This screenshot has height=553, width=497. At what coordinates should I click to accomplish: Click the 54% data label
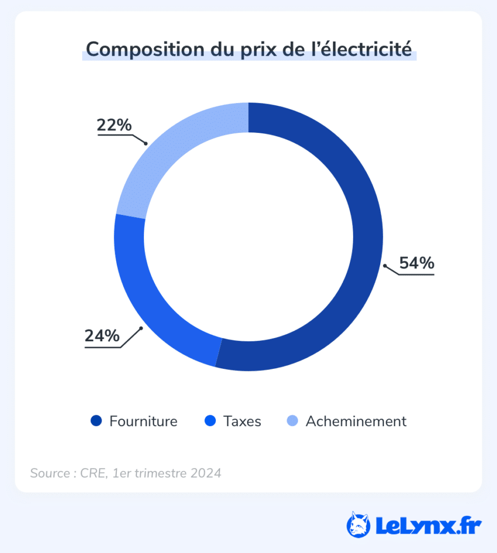point(416,263)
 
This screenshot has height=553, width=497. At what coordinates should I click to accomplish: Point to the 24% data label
point(102,335)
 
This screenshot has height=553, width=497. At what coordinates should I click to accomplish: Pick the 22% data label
point(114,125)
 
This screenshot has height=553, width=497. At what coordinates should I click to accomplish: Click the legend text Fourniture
point(143,421)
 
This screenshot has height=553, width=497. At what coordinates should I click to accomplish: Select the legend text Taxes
point(242,421)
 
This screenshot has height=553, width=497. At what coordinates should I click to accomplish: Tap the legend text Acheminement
point(356,421)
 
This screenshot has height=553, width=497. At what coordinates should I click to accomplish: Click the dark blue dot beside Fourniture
point(96,421)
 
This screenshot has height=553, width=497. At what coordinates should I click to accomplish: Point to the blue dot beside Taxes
point(210,421)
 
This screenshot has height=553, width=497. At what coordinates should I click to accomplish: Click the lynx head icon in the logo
point(358,524)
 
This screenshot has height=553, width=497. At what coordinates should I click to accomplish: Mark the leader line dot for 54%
point(385,265)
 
